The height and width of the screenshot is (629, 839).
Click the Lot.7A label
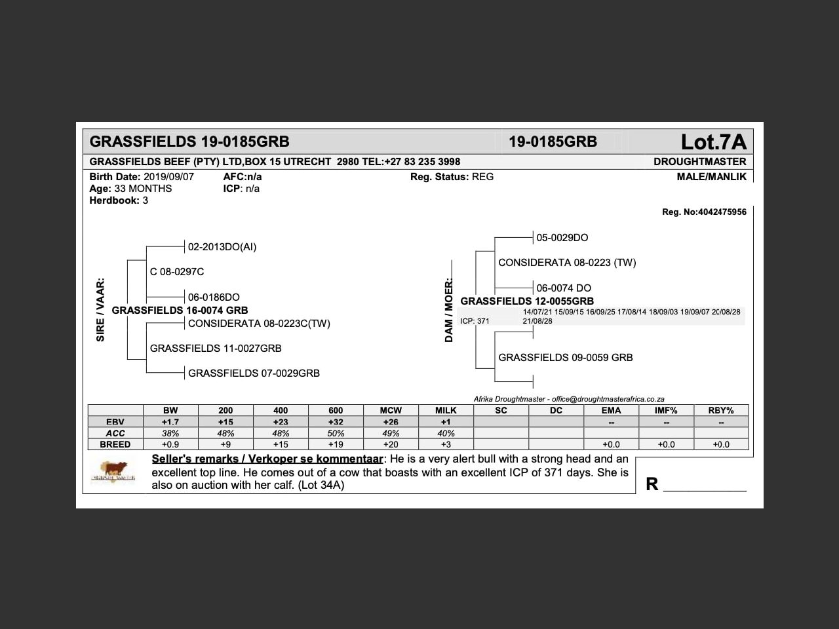(713, 142)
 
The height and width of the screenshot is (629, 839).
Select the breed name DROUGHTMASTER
(699, 161)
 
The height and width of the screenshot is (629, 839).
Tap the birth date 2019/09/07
(168, 177)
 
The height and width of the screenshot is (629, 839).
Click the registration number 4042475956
(722, 212)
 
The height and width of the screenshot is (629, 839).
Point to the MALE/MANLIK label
(711, 177)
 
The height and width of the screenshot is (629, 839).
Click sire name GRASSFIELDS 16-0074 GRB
(180, 311)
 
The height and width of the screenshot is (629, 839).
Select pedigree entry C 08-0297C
(177, 272)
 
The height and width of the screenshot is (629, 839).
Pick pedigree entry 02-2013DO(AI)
(222, 247)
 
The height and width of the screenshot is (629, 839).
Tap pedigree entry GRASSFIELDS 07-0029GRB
(254, 373)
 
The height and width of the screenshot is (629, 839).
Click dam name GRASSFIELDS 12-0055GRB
(527, 301)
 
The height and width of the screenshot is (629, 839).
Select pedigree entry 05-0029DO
(562, 238)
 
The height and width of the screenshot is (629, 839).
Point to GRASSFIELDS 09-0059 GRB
(565, 358)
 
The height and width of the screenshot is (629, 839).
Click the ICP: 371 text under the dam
(475, 321)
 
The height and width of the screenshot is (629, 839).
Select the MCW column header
(391, 411)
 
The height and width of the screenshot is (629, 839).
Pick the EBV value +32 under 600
(336, 422)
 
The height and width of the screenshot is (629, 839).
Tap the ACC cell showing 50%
(336, 433)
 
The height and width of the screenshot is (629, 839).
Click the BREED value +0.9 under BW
(170, 444)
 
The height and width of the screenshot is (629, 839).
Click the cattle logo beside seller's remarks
(114, 471)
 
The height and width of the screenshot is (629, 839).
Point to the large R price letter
(652, 484)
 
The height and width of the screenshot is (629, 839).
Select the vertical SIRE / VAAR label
(100, 310)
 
